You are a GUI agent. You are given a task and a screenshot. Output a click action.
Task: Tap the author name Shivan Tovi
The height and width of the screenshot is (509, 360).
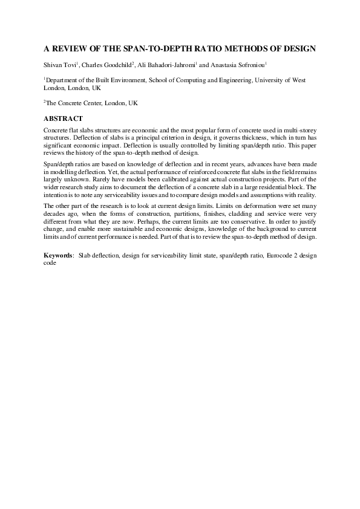click(59, 65)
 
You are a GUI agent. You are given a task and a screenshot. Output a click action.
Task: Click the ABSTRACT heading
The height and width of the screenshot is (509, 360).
click(63, 118)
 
